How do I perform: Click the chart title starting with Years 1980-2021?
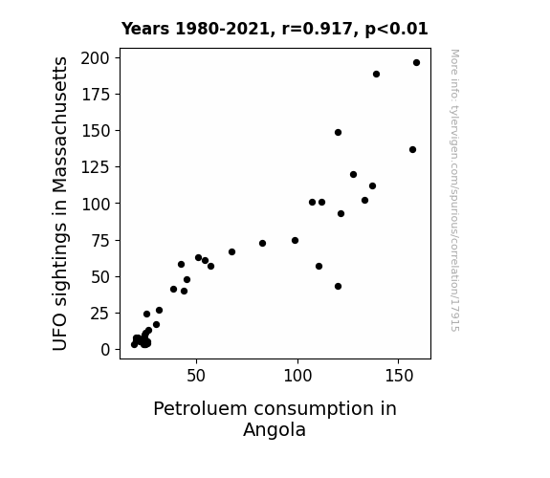[275, 29]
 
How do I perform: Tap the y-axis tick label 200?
[95, 58]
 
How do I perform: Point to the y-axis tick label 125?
[96, 167]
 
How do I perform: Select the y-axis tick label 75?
[100, 240]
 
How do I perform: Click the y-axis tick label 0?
[105, 350]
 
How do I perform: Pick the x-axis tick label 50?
[196, 376]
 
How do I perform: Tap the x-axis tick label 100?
[297, 376]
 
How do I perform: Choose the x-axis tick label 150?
[399, 376]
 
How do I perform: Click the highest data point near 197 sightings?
[416, 63]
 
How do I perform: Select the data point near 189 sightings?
[376, 74]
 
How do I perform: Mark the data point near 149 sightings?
[339, 133]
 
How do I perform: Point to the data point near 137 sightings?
[412, 150]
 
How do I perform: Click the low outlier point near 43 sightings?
[339, 287]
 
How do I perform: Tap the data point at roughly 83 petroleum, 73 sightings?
[262, 244]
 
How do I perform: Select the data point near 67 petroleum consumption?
[231, 251]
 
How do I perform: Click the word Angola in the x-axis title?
[275, 430]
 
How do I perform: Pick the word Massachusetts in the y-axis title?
[60, 125]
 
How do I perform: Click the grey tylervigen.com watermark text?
[454, 190]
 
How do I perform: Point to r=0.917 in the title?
[317, 29]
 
